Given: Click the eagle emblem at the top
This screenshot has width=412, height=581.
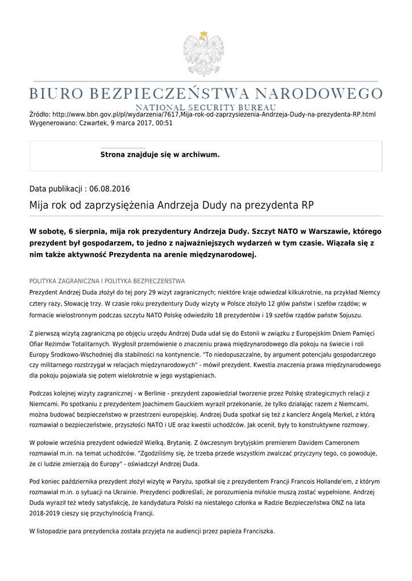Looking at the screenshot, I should coord(203,50).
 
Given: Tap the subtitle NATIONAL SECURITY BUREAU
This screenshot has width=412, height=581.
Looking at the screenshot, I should coord(206,107).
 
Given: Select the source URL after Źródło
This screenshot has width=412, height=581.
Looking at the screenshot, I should coord(214,115).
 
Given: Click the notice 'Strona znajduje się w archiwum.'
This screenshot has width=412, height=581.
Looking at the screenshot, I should coord(160,154).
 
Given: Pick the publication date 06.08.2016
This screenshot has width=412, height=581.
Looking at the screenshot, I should coord(106,188).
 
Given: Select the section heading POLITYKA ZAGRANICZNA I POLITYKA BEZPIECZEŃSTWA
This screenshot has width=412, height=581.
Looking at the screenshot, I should coord(107,281).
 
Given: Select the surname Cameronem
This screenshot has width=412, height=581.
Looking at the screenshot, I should coord(343,442).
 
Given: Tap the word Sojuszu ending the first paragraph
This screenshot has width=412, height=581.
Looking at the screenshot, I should coord(350,314).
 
